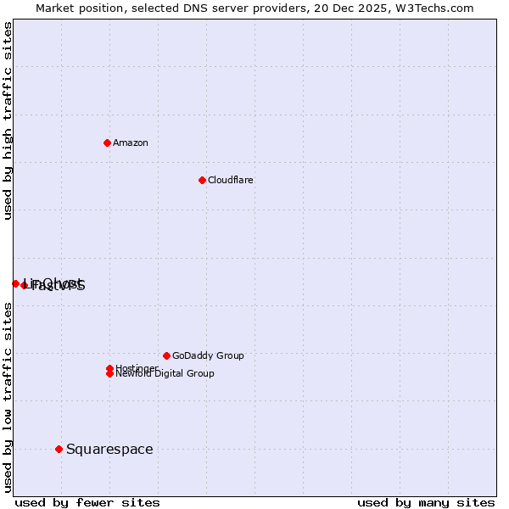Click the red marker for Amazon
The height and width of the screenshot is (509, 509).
[x=107, y=143]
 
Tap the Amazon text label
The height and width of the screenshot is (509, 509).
[x=130, y=143]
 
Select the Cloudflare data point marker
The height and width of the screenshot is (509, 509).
[x=202, y=180]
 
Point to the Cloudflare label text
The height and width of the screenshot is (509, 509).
[x=230, y=180]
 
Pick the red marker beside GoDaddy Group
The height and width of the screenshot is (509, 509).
[x=166, y=355]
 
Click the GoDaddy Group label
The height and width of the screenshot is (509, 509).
[x=208, y=355]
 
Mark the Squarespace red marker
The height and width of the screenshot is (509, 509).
[x=59, y=449]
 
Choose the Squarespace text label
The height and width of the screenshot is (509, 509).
[x=109, y=449]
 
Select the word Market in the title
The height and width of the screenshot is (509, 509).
[x=54, y=8]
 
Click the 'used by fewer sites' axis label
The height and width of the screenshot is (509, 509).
[x=87, y=502]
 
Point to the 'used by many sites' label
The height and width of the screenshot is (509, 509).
[x=426, y=502]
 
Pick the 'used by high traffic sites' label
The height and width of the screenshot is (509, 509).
[x=8, y=121]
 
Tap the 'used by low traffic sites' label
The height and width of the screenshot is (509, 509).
[x=8, y=397]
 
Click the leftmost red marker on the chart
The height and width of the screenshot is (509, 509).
[x=15, y=283]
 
